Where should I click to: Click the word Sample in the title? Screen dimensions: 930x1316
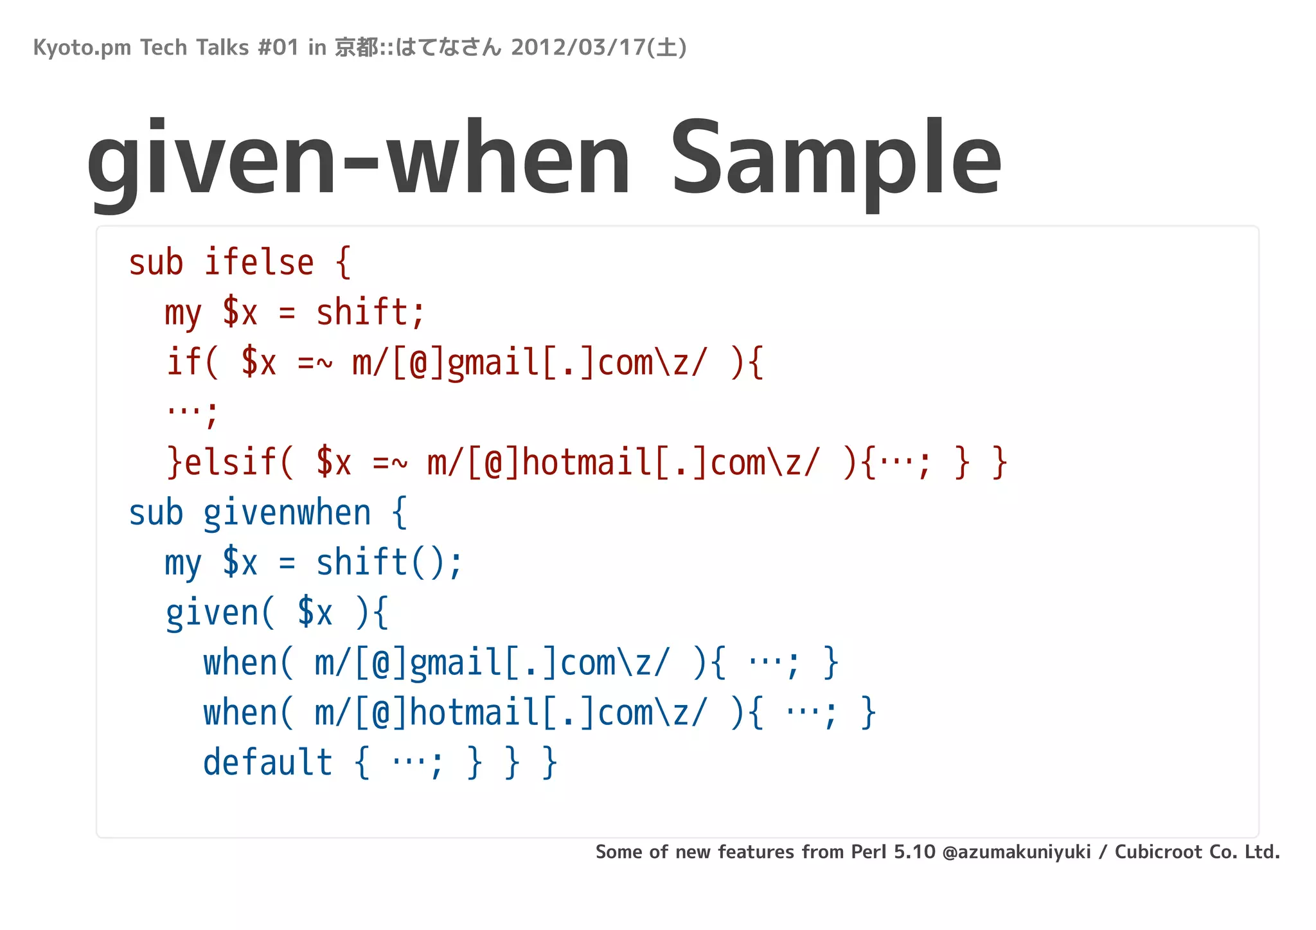coord(835,161)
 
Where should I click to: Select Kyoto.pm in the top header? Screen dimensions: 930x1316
coord(82,48)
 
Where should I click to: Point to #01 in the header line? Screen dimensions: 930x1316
coord(278,48)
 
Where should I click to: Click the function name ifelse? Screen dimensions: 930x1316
coord(259,263)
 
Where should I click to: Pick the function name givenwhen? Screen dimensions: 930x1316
coord(287,514)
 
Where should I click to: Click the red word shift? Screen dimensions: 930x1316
coord(370,313)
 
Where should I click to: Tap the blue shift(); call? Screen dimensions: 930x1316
coord(389,563)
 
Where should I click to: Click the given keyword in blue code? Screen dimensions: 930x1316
coord(212,613)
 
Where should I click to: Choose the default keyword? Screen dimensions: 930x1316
coord(267,763)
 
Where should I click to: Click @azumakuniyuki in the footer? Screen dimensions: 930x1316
coord(1017,852)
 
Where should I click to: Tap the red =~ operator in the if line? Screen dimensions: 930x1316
coord(315,363)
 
